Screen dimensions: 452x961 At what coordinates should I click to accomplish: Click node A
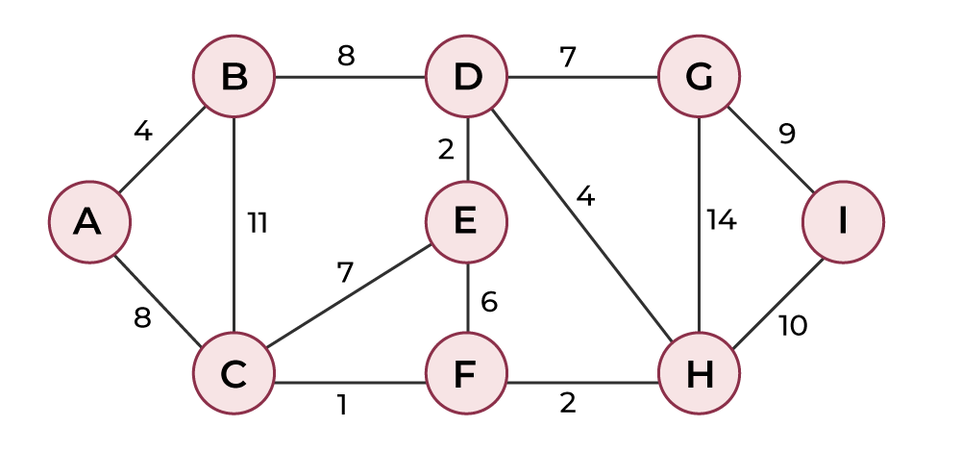pyautogui.click(x=89, y=222)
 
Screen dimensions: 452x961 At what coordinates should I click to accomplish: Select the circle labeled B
pyautogui.click(x=234, y=76)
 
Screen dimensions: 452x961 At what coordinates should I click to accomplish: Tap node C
pyautogui.click(x=234, y=373)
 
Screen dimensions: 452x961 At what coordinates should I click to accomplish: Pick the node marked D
pyautogui.click(x=467, y=76)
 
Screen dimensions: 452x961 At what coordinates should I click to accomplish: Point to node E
pyautogui.click(x=467, y=222)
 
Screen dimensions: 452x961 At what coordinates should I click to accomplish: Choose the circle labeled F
pyautogui.click(x=467, y=373)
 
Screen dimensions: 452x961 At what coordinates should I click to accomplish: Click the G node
pyautogui.click(x=700, y=76)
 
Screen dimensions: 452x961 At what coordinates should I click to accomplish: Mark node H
pyautogui.click(x=700, y=373)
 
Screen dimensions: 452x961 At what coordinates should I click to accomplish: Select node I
pyautogui.click(x=843, y=222)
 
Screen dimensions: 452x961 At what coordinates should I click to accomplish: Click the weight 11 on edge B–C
pyautogui.click(x=257, y=223)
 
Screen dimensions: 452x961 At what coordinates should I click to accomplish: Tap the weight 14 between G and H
pyautogui.click(x=721, y=221)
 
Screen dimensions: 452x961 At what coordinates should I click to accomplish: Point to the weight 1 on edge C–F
pyautogui.click(x=342, y=405)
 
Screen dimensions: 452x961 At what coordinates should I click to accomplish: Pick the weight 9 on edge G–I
pyautogui.click(x=787, y=133)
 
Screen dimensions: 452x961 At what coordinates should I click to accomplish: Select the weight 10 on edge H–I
pyautogui.click(x=793, y=326)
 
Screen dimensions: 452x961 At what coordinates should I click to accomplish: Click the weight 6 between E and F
pyautogui.click(x=488, y=302)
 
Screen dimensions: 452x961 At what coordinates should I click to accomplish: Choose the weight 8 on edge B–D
pyautogui.click(x=345, y=56)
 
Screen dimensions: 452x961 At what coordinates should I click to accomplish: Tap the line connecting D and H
pyautogui.click(x=583, y=225)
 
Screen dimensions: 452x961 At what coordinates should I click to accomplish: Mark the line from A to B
pyautogui.click(x=161, y=149)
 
